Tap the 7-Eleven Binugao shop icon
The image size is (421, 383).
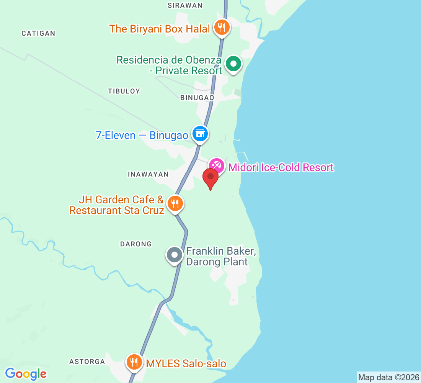tap(200, 134)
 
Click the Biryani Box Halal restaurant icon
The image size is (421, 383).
tap(221, 28)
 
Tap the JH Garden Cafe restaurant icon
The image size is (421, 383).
tap(175, 203)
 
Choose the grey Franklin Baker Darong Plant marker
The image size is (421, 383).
tap(175, 255)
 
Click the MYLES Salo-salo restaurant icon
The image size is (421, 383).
tap(134, 361)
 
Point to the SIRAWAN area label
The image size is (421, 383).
tap(185, 5)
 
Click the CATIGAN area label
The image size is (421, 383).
tap(38, 33)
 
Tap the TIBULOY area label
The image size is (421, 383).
tap(124, 91)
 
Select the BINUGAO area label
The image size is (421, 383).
tap(197, 98)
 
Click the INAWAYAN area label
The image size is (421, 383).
tap(148, 174)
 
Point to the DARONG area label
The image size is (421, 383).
tap(136, 244)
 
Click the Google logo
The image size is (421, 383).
tap(26, 374)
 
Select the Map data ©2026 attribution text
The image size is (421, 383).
tap(388, 377)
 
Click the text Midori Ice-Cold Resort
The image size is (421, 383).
tap(281, 167)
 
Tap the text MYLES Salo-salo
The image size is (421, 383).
tap(186, 363)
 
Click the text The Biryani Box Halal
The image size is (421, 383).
tap(160, 29)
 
